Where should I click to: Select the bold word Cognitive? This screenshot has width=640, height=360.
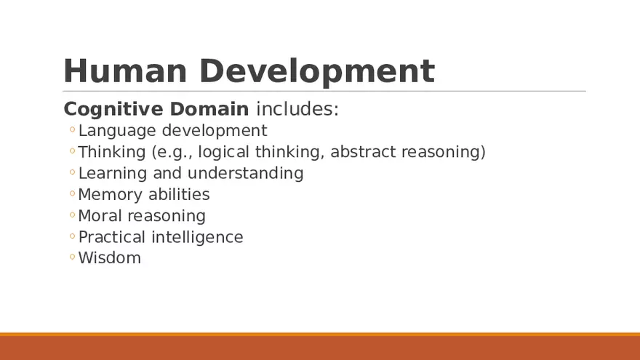[x=113, y=110]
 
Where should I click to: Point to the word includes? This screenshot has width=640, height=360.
[x=297, y=110]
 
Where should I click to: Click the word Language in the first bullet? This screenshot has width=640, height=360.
[x=117, y=131]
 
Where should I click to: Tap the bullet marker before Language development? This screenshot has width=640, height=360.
[x=72, y=131]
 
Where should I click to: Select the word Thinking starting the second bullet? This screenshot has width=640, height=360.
[x=111, y=152]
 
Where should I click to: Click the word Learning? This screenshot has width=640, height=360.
[x=113, y=173]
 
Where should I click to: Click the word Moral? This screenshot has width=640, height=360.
[x=100, y=215]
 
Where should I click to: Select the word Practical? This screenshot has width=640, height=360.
[x=112, y=237]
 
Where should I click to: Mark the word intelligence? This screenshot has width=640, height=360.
[x=197, y=237]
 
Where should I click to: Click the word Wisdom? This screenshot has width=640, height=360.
[x=109, y=258]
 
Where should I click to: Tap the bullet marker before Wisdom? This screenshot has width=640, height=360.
[x=72, y=257]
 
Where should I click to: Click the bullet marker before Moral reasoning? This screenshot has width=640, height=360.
[x=72, y=215]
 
